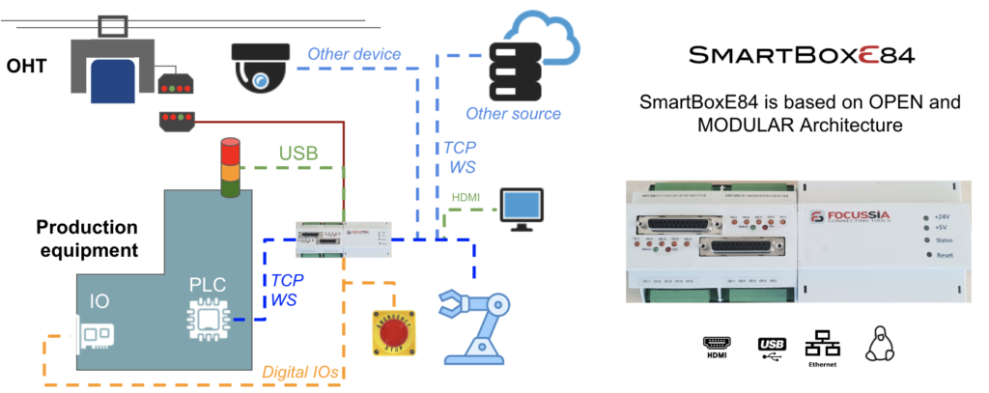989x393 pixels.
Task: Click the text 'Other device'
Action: pyautogui.click(x=353, y=54)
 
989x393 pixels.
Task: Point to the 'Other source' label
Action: pyautogui.click(x=513, y=114)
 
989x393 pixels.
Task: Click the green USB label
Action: pyautogui.click(x=299, y=154)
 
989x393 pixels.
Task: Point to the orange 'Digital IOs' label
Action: pyautogui.click(x=307, y=370)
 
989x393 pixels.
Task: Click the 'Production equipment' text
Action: pyautogui.click(x=86, y=239)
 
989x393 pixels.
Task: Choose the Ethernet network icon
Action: pyautogui.click(x=824, y=346)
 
